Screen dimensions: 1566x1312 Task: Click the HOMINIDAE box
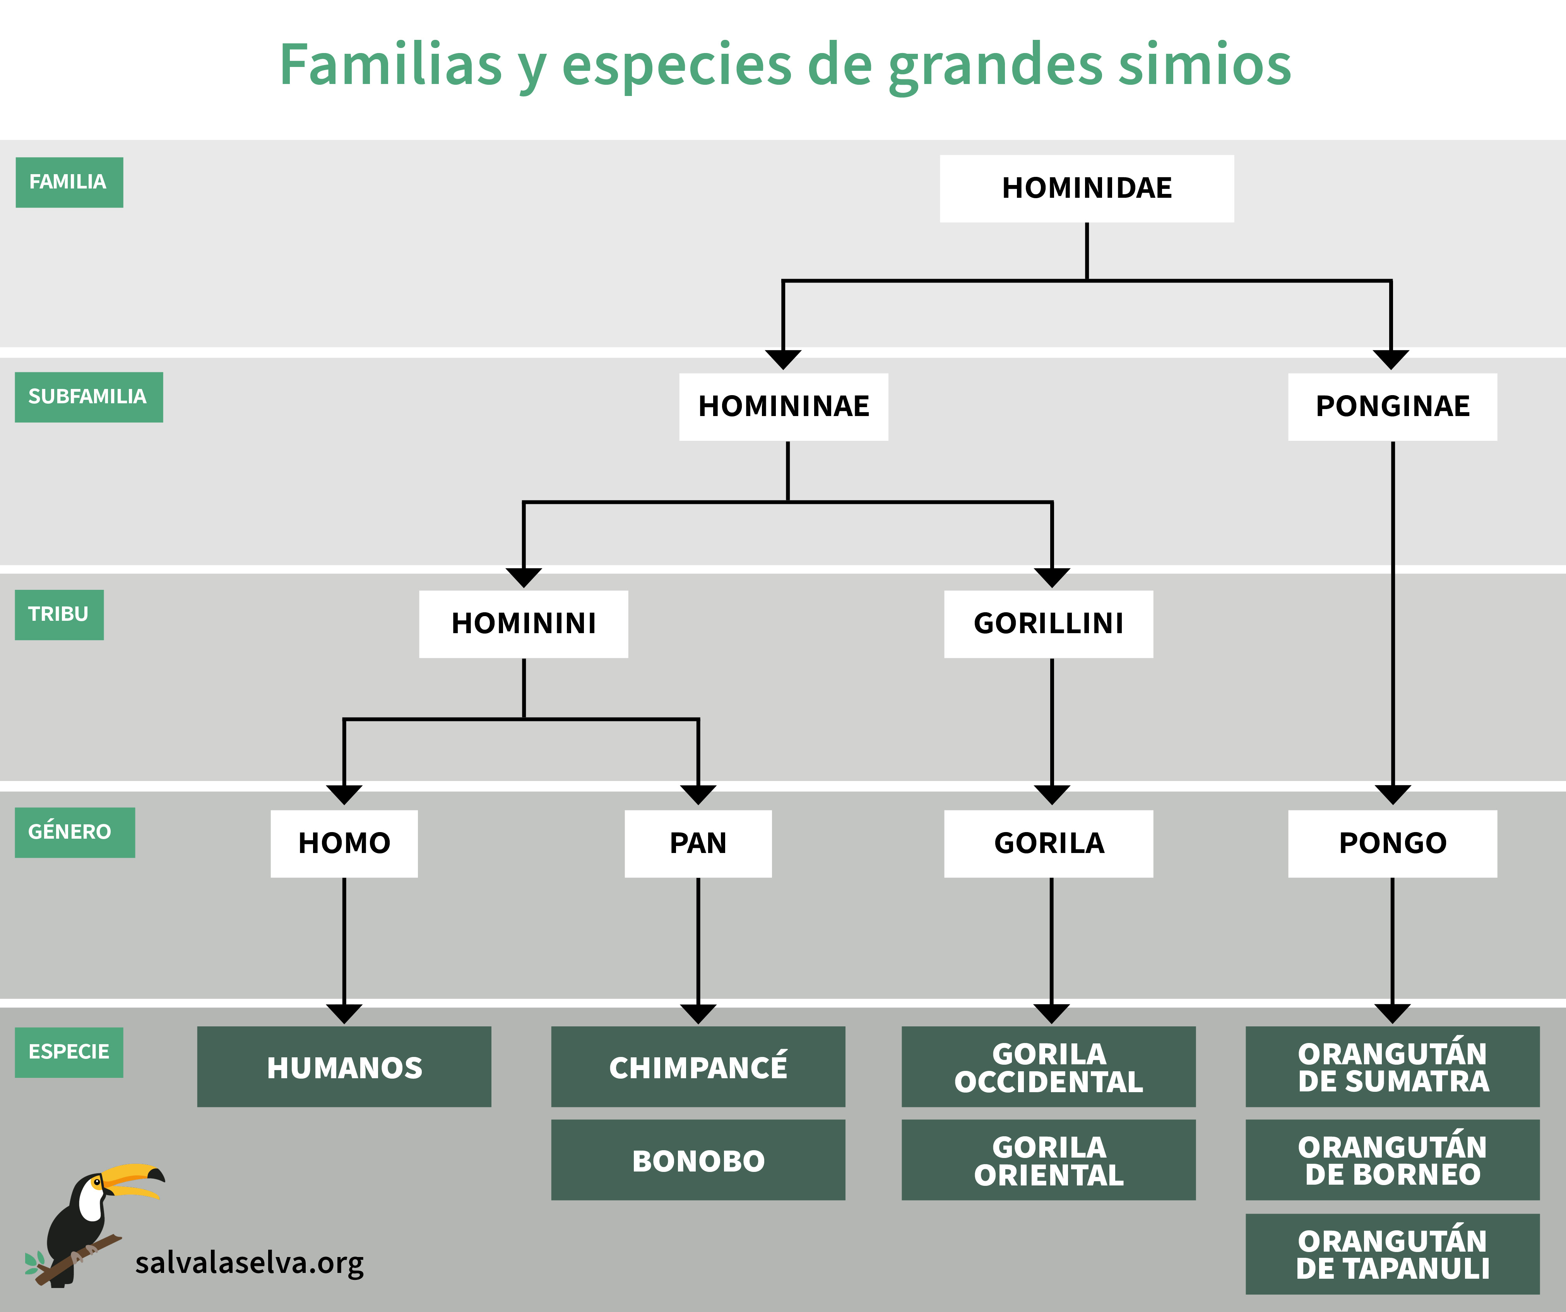click(1087, 188)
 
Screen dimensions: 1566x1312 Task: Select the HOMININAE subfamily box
click(784, 406)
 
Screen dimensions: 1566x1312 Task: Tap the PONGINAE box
click(1392, 406)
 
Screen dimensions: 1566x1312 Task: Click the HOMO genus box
click(344, 844)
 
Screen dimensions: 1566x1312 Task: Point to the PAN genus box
click(698, 844)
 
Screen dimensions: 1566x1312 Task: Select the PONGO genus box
click(1392, 844)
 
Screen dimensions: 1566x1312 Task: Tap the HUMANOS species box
click(344, 1067)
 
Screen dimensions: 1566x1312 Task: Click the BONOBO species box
click(698, 1160)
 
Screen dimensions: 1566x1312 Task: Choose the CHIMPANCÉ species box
click(698, 1067)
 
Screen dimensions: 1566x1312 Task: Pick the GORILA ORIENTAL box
click(1049, 1160)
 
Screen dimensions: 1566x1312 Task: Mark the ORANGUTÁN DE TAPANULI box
click(1392, 1254)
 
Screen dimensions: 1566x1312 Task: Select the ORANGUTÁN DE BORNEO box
click(1392, 1160)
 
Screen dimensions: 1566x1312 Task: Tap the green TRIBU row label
click(59, 615)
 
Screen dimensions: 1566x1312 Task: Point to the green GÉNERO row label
click(75, 832)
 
